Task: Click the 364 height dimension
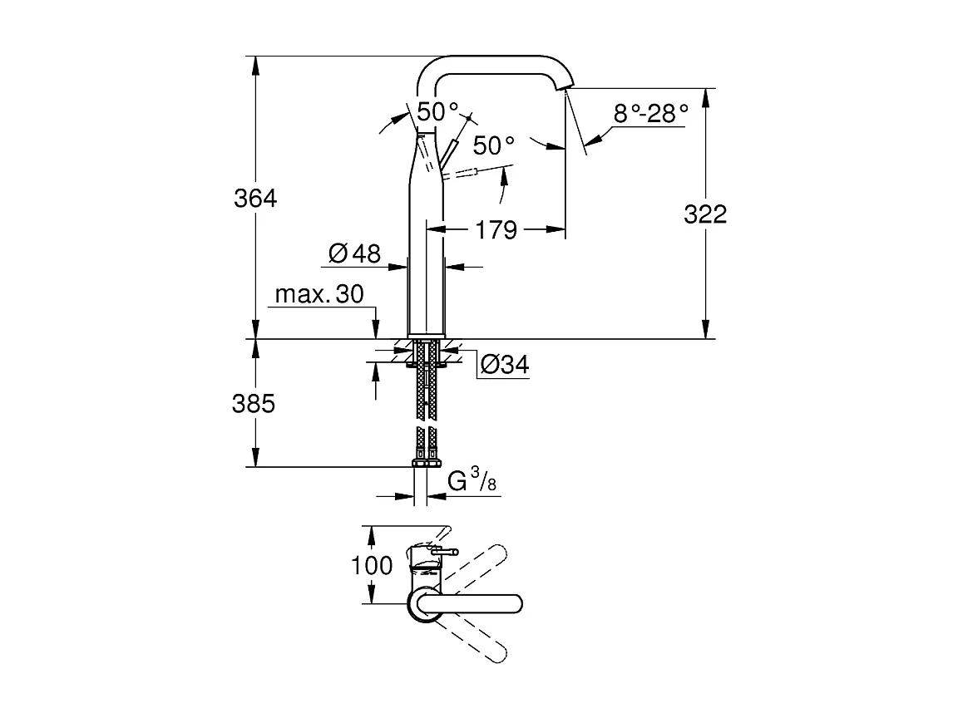coord(255,199)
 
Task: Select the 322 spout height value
coord(705,214)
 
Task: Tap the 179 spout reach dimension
coord(497,229)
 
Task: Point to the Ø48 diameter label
coord(354,254)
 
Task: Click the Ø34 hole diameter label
coord(505,365)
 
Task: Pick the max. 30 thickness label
coord(319,295)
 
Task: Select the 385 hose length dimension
coord(254,404)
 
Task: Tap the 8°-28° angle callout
coord(651,113)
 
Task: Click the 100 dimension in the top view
coord(372,566)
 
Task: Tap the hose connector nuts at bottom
coord(427,461)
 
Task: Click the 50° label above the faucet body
coord(438,111)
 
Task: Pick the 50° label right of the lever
coord(494,146)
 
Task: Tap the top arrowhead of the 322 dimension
coord(705,94)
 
